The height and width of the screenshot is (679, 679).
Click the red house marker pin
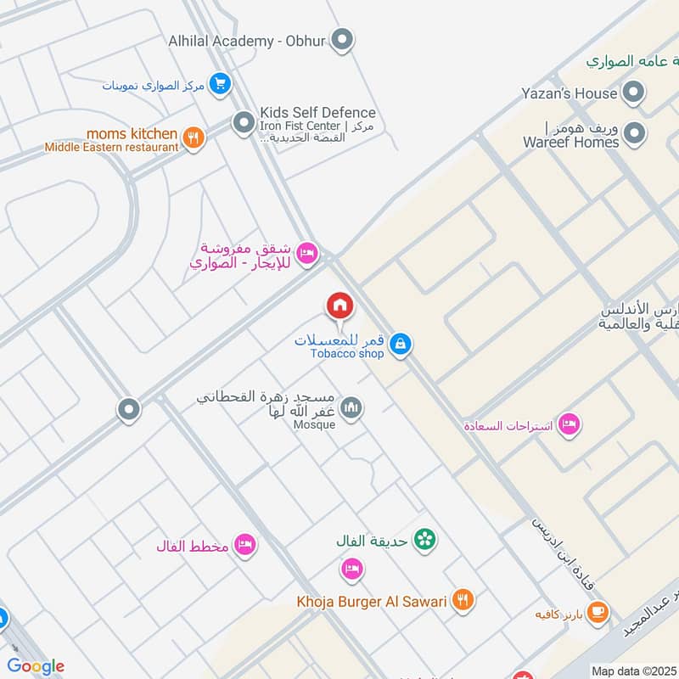(339, 306)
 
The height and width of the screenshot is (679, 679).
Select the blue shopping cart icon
(221, 83)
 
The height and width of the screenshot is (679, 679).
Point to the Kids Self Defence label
(318, 112)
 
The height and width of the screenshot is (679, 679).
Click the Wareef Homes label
(571, 142)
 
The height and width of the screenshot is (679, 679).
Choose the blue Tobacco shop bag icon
(401, 345)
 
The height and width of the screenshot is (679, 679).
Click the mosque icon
(351, 410)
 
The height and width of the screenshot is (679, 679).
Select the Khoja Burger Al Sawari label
(371, 602)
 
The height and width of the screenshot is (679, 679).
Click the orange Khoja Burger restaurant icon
(463, 601)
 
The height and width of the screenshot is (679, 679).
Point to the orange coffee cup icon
(598, 612)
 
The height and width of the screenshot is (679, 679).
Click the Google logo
(36, 666)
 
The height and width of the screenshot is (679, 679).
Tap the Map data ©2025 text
(635, 671)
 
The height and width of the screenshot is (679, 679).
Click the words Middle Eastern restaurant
(112, 147)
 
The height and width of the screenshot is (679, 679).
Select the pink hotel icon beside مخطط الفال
(245, 545)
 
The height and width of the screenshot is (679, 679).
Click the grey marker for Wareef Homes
(633, 133)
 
